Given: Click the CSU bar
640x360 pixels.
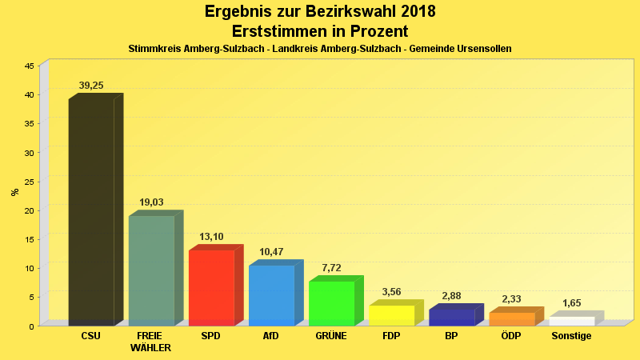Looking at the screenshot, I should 91,212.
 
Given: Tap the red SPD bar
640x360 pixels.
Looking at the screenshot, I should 211,288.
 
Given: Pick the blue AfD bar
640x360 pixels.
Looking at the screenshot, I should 271,295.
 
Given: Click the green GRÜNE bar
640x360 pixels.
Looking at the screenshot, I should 331,303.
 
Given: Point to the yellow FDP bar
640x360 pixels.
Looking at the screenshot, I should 391,315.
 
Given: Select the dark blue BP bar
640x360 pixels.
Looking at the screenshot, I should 451,317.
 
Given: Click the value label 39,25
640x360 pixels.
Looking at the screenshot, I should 91,86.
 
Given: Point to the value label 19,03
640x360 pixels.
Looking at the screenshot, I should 151,202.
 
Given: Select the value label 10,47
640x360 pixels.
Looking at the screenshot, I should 271,252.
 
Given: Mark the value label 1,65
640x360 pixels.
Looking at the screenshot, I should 572,303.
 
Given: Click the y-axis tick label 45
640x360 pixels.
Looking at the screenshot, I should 29,66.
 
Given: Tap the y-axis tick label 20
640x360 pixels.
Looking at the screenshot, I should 29,210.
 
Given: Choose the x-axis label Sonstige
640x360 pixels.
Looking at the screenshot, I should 571,336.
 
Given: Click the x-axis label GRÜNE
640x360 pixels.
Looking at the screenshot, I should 331,336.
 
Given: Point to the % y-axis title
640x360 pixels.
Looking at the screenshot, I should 14,192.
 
